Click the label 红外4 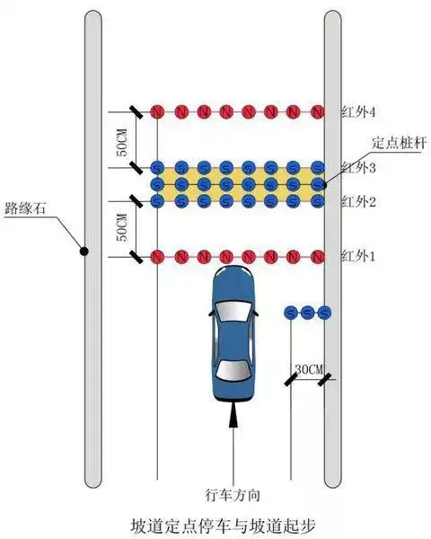click(x=357, y=112)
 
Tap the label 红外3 click(x=357, y=168)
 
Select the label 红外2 click(x=357, y=201)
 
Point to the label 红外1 click(x=357, y=257)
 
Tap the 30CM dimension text click(x=307, y=369)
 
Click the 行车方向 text click(x=233, y=495)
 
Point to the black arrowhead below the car click(x=233, y=414)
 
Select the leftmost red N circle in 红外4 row click(x=157, y=112)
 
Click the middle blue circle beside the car click(x=308, y=313)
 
